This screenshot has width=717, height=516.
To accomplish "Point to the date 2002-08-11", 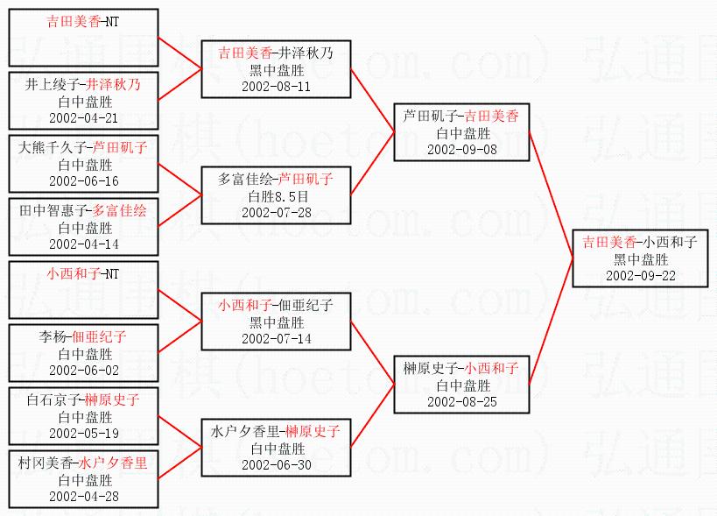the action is click(276, 87).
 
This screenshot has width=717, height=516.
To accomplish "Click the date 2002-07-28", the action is click(276, 212).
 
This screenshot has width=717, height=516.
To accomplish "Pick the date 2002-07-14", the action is click(276, 338).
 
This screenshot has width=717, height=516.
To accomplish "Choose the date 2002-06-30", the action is click(276, 464).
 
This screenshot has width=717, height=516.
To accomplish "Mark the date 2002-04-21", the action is click(84, 118).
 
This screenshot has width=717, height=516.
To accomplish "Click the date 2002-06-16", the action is click(84, 181).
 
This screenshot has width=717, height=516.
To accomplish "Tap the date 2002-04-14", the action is click(84, 244).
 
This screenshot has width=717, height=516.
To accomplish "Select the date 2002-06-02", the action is click(84, 370).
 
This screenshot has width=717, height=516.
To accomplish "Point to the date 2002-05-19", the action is click(84, 433).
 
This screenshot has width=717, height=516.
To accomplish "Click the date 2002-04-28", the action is click(84, 496).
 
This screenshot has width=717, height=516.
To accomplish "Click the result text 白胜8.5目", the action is click(276, 195).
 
